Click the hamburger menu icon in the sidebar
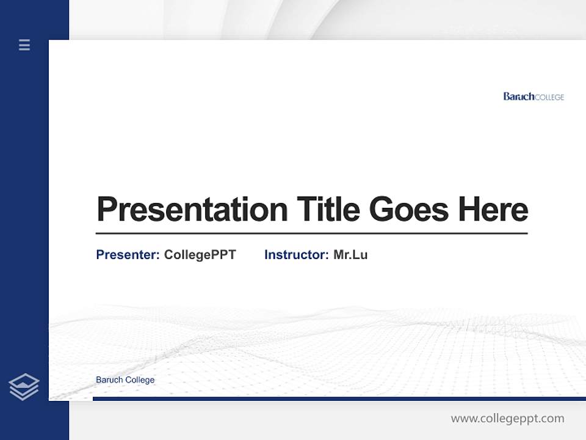[24, 45]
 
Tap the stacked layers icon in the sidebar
[24, 387]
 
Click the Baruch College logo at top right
[534, 97]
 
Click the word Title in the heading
[328, 209]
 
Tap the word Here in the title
[493, 209]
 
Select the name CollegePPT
[200, 255]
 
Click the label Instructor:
[297, 255]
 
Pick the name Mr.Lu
[350, 255]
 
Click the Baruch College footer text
[125, 380]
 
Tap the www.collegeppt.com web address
[507, 419]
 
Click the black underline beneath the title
[311, 233]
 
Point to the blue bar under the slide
[339, 398]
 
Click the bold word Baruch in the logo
[519, 97]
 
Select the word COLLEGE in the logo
[549, 97]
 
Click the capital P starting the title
[106, 210]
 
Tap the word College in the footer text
[140, 380]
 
